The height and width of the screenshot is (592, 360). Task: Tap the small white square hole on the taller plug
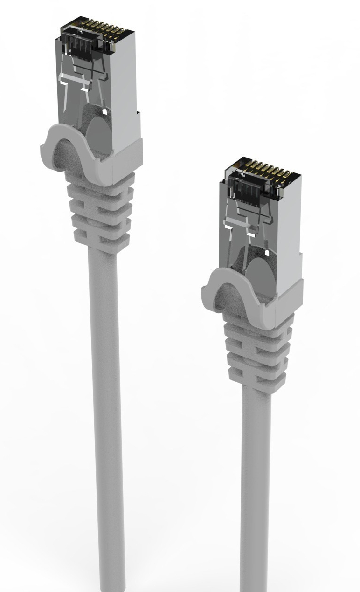[104, 112]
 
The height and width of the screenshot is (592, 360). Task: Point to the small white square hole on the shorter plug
[267, 253]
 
